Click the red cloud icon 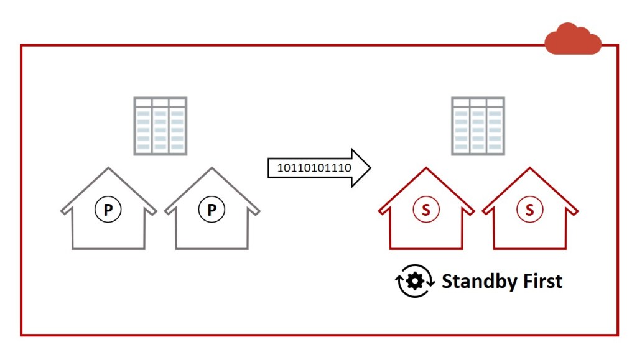[572, 39]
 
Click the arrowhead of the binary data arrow [361, 168]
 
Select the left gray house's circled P [108, 210]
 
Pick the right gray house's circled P [212, 210]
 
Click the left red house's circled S [426, 210]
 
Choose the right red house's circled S [529, 210]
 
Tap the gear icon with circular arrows [415, 282]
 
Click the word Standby [479, 282]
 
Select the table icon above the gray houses [160, 126]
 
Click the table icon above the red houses [478, 126]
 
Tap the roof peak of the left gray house [108, 168]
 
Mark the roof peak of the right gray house [212, 168]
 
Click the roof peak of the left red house [426, 168]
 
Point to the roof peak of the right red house [529, 168]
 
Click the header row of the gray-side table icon [160, 103]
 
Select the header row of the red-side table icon [478, 103]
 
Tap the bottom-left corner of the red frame [22, 335]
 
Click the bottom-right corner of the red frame [617, 335]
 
